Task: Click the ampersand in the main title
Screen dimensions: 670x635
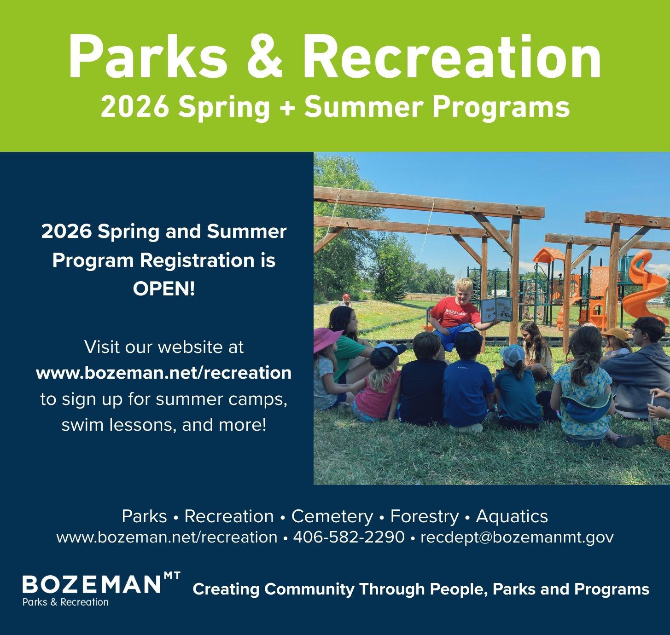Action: (264, 56)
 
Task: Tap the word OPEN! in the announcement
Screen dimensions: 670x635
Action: (163, 289)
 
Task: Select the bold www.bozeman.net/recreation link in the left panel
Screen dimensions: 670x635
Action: (163, 373)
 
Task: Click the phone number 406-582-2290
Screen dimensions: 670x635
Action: (349, 537)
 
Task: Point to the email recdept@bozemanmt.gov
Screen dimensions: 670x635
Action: (517, 537)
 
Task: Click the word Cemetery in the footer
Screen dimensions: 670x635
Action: (332, 516)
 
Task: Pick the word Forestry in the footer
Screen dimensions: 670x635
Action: (424, 516)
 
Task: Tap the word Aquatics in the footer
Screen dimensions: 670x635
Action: (512, 516)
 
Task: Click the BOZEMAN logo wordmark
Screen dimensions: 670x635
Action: (91, 584)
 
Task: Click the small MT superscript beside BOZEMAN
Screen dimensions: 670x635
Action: (172, 576)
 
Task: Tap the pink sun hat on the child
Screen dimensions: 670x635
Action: (326, 340)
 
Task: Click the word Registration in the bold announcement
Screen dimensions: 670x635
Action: (198, 261)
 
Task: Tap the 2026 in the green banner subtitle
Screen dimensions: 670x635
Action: (135, 108)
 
